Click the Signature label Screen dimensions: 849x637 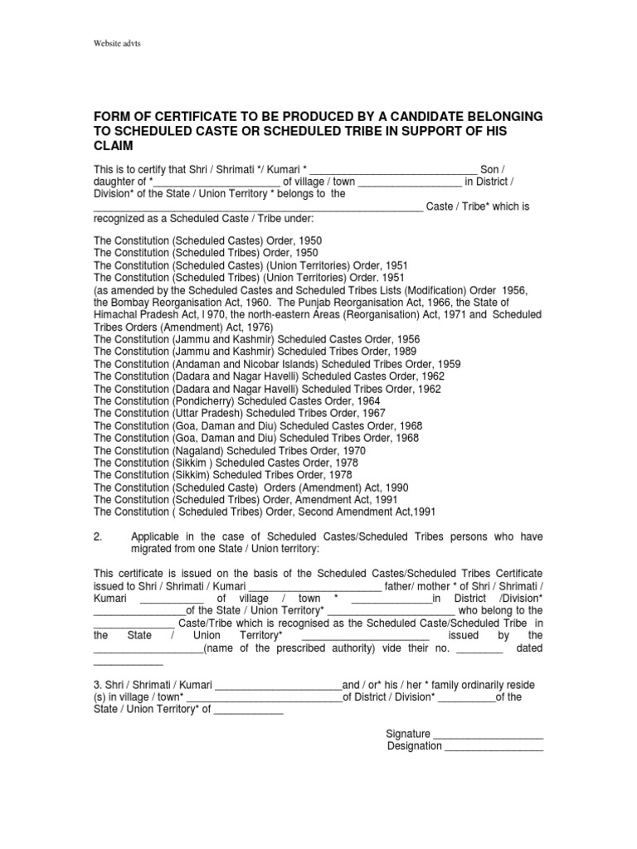pos(408,733)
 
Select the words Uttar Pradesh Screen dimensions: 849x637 pos(209,414)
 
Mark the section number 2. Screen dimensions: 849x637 pos(98,536)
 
